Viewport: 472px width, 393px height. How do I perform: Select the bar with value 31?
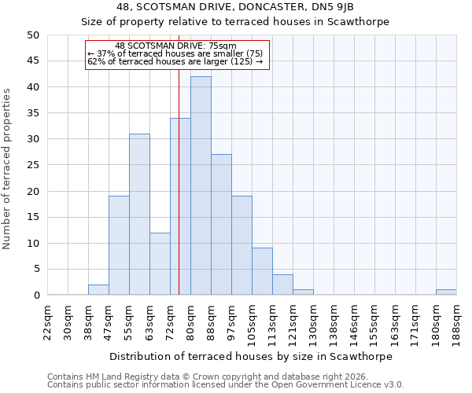(139, 215)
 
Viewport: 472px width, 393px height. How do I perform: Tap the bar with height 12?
(160, 264)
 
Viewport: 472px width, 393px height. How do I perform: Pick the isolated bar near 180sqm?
(446, 292)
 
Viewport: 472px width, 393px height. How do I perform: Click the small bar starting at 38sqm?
(98, 290)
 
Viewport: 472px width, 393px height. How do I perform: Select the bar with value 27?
(221, 225)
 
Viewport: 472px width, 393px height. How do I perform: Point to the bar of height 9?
(262, 271)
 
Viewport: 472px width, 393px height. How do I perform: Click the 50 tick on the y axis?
(32, 35)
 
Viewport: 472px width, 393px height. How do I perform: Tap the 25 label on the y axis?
(32, 165)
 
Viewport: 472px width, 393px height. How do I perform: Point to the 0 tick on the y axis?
(35, 296)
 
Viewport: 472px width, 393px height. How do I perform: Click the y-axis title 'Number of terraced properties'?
(7, 168)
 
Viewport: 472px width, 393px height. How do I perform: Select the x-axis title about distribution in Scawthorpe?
(250, 356)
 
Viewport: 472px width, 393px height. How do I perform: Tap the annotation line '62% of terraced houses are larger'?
(175, 61)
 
